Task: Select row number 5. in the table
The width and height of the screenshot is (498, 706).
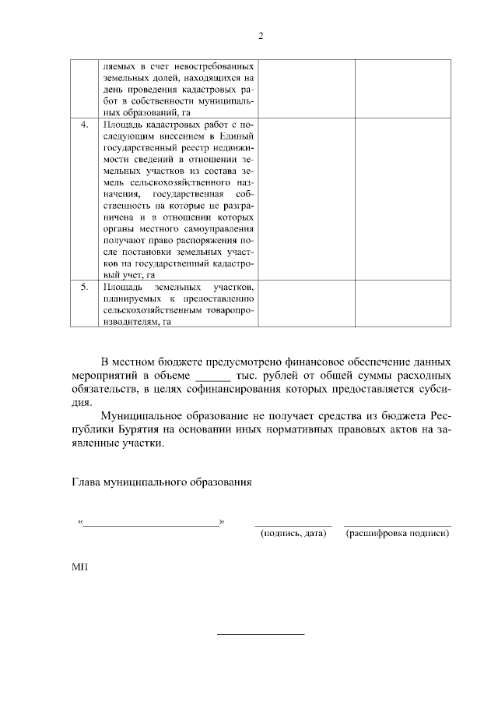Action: [x=86, y=288]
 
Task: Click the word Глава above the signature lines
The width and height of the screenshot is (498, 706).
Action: [x=86, y=482]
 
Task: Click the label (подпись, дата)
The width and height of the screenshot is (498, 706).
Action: [x=293, y=534]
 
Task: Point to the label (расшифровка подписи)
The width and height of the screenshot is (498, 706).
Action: [x=398, y=534]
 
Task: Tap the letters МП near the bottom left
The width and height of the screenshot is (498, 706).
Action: [x=79, y=567]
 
